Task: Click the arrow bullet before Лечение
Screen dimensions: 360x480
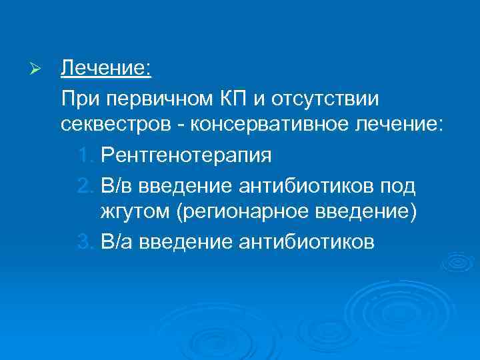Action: pos(39,69)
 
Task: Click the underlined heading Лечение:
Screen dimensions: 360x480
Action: pos(107,69)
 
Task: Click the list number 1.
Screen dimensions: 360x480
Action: pos(85,155)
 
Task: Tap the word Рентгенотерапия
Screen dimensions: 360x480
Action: pos(185,155)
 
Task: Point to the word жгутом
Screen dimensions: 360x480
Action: pos(133,212)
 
